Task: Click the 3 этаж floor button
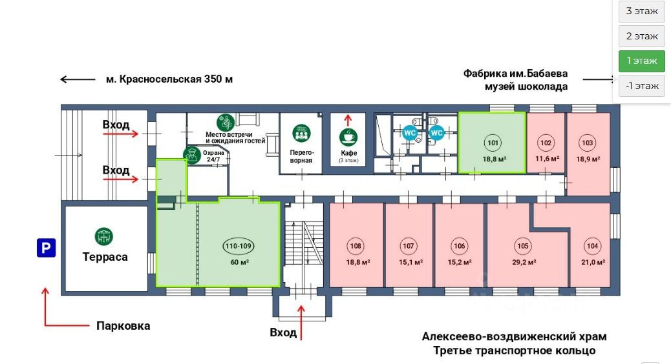(641, 12)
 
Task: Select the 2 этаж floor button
(641, 36)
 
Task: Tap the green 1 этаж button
(641, 61)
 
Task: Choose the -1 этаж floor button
(641, 85)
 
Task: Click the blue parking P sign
(46, 247)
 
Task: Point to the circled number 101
(493, 143)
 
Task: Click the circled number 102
(546, 143)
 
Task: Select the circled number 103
(588, 143)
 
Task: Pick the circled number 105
(523, 246)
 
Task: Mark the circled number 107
(409, 246)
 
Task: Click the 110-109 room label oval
(239, 246)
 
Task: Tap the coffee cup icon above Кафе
(348, 137)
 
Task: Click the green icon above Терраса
(104, 237)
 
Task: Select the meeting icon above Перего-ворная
(301, 134)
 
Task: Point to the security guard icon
(191, 154)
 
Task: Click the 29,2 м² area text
(523, 262)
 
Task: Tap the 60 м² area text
(239, 262)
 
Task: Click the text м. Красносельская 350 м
(169, 79)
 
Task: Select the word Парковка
(123, 326)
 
